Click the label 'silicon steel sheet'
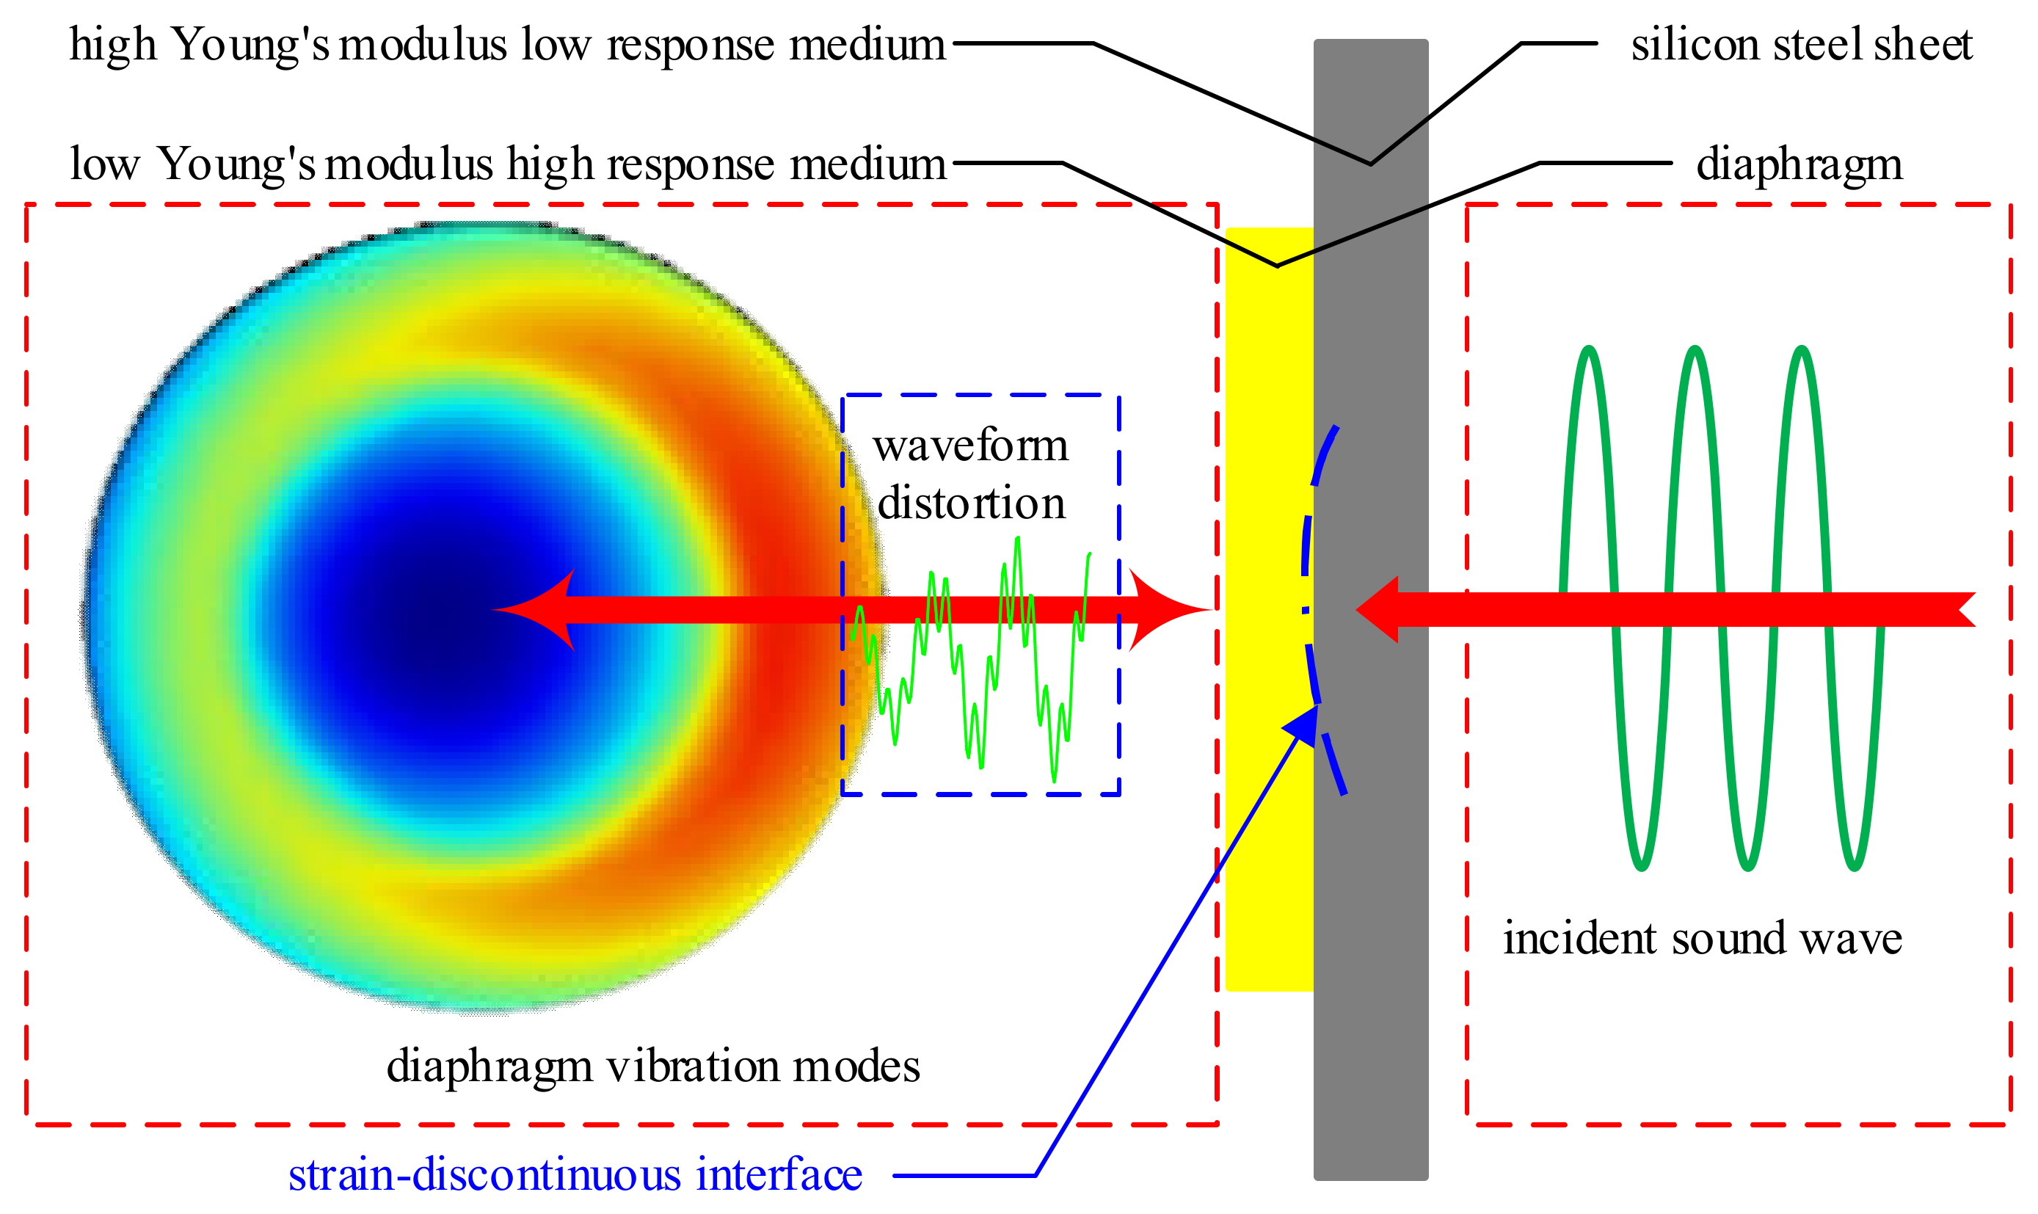pos(1801,44)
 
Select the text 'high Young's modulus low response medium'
pos(507,44)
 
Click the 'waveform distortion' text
pos(971,473)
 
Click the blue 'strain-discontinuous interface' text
pos(575,1175)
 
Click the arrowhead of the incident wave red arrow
pos(1378,609)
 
